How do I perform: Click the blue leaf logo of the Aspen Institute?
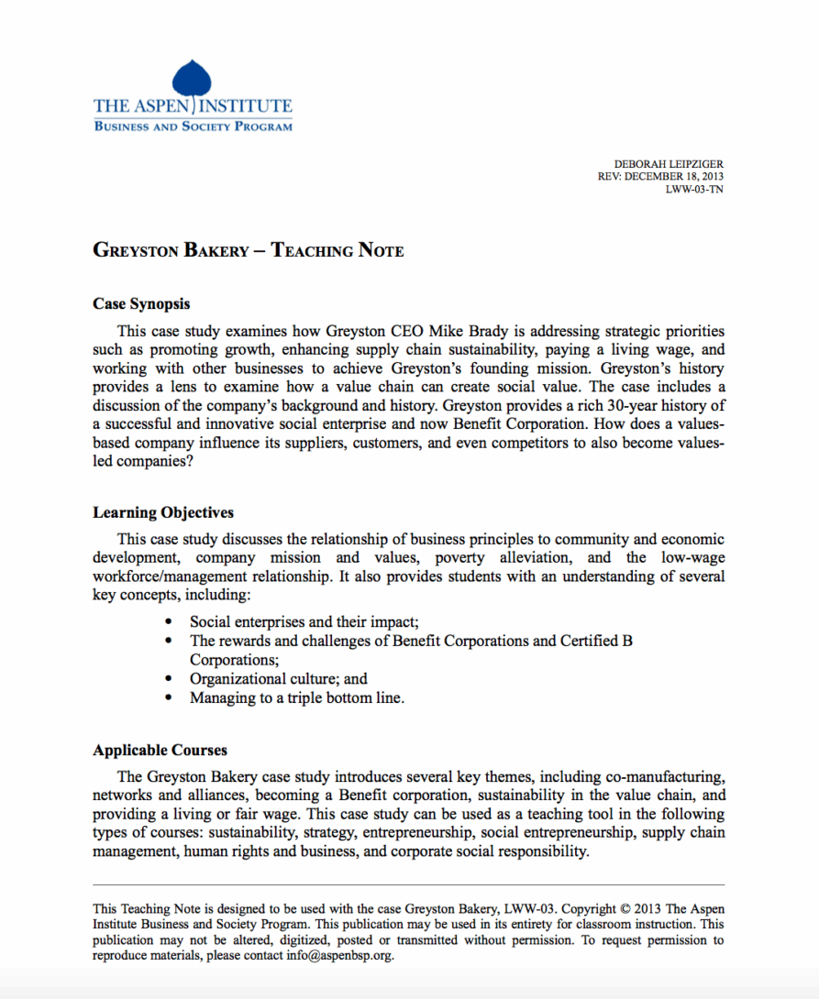tap(192, 77)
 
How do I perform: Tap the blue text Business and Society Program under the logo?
tap(193, 126)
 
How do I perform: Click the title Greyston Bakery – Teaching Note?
tap(248, 250)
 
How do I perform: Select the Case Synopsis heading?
tap(141, 303)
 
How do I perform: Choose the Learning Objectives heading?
tap(163, 512)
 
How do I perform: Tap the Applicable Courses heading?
tap(160, 750)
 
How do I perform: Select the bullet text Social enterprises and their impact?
tap(304, 621)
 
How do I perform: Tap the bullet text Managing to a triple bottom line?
tap(296, 698)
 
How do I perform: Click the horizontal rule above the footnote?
tap(408, 884)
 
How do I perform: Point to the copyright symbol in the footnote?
tap(625, 909)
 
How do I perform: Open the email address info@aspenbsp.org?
tap(338, 955)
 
